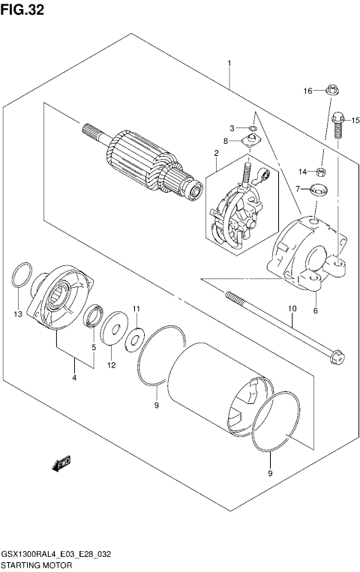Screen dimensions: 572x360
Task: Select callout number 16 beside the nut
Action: pos(307,91)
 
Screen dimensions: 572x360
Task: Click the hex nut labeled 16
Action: pos(331,91)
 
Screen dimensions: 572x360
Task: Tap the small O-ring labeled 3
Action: pos(252,128)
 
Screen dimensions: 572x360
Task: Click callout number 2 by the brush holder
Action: pos(216,154)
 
